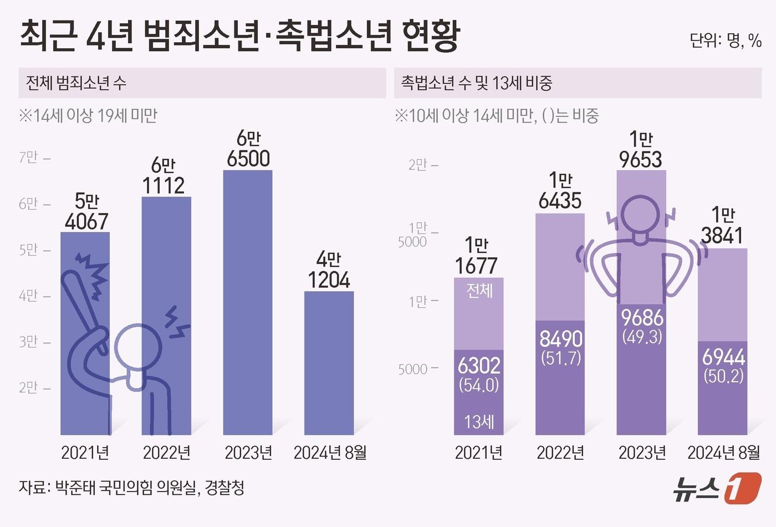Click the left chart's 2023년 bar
(248, 302)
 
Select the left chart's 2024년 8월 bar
(329, 363)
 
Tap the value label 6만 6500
(248, 149)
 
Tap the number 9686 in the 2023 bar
(642, 318)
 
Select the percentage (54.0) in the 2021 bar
(479, 385)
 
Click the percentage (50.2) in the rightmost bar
(723, 376)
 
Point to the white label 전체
(479, 290)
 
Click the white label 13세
(479, 422)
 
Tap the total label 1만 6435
(560, 191)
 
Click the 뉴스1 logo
(717, 488)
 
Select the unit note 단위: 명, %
(725, 40)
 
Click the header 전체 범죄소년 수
(76, 83)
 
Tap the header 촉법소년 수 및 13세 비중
(477, 83)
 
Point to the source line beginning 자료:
(131, 488)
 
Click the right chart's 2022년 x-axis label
(560, 453)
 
